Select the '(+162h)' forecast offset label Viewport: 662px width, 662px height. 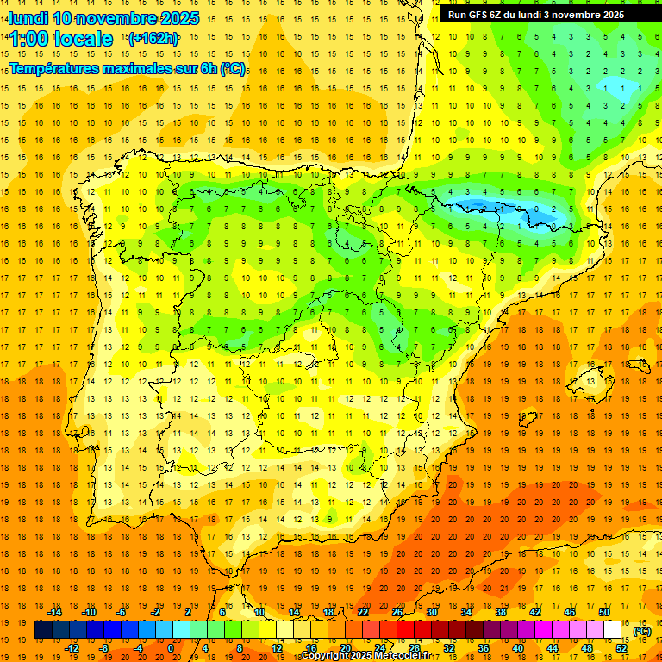(153, 38)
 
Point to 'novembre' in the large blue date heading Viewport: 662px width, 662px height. (121, 18)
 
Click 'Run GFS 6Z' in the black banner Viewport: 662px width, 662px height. (478, 15)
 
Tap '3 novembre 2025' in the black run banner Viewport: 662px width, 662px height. (595, 15)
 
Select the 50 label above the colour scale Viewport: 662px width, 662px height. (603, 611)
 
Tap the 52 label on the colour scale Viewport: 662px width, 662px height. (621, 648)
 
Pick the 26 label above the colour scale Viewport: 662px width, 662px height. (397, 611)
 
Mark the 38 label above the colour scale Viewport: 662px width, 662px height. (500, 611)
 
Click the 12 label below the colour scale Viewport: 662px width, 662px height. (277, 648)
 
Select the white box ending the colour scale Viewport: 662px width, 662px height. (612, 630)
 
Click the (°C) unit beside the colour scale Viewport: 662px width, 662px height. (642, 631)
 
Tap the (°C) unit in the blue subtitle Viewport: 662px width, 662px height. (233, 67)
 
